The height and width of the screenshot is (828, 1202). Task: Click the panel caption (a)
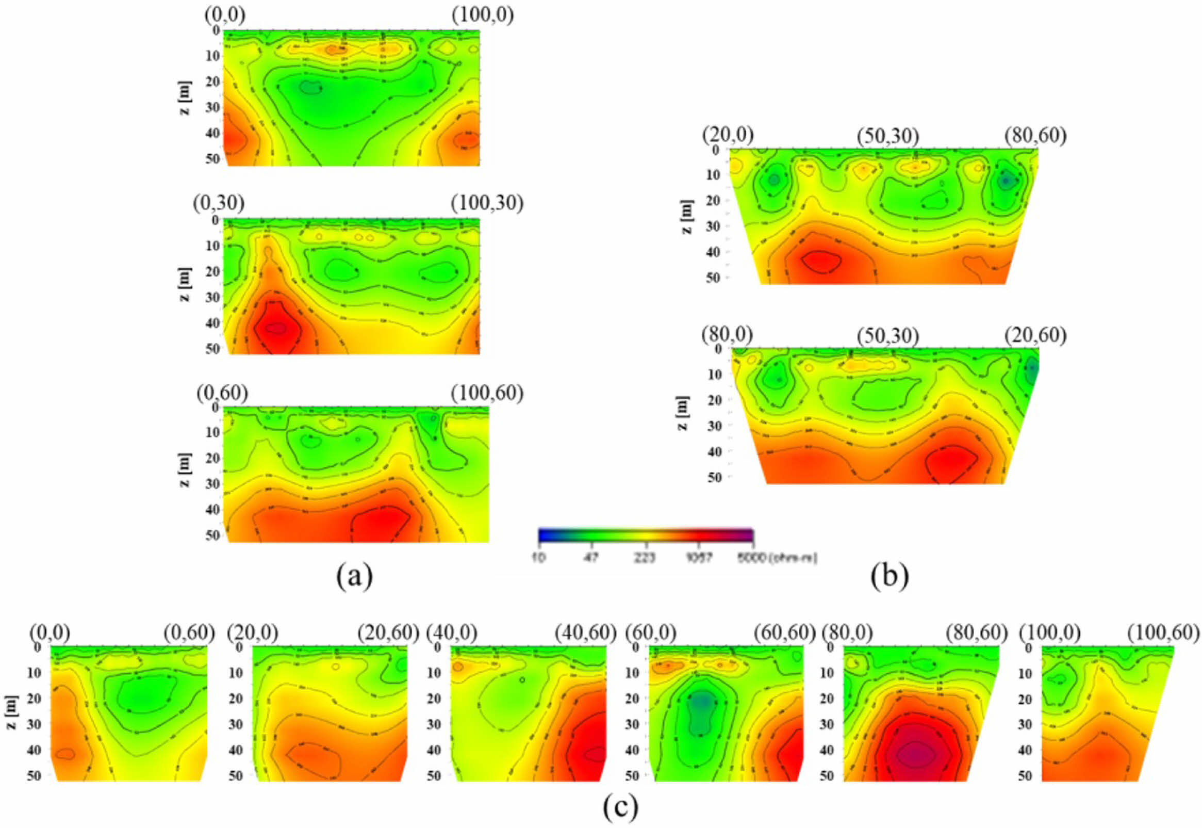pyautogui.click(x=354, y=577)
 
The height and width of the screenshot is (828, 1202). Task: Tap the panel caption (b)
pyautogui.click(x=890, y=577)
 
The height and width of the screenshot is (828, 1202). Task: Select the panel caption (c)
pyautogui.click(x=620, y=807)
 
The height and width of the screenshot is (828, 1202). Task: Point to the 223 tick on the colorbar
pyautogui.click(x=646, y=558)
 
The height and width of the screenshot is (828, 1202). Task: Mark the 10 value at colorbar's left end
pyautogui.click(x=539, y=558)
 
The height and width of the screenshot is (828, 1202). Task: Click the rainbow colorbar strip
pyautogui.click(x=646, y=535)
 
